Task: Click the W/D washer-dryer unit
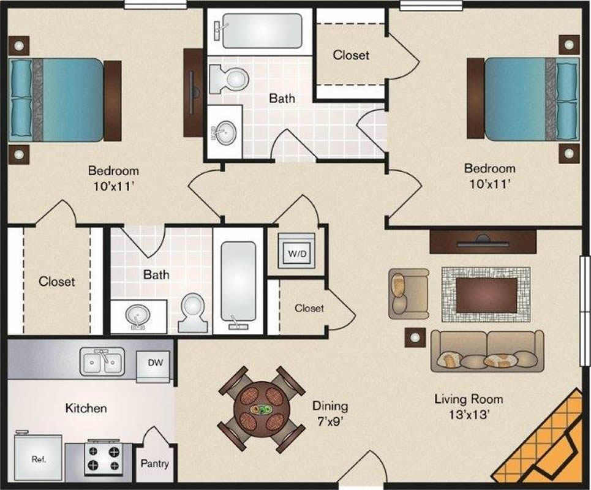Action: (296, 251)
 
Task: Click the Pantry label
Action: (154, 463)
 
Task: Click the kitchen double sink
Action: (102, 361)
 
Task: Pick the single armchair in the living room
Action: (408, 293)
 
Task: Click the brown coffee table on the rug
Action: (487, 295)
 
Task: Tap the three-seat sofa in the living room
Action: (487, 351)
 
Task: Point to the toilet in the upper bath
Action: (229, 79)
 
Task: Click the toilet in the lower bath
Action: (193, 313)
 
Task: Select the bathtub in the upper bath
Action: (262, 31)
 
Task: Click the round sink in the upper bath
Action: (225, 132)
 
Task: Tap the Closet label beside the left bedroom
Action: (57, 281)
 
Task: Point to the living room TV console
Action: (483, 241)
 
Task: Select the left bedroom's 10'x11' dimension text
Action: (113, 187)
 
